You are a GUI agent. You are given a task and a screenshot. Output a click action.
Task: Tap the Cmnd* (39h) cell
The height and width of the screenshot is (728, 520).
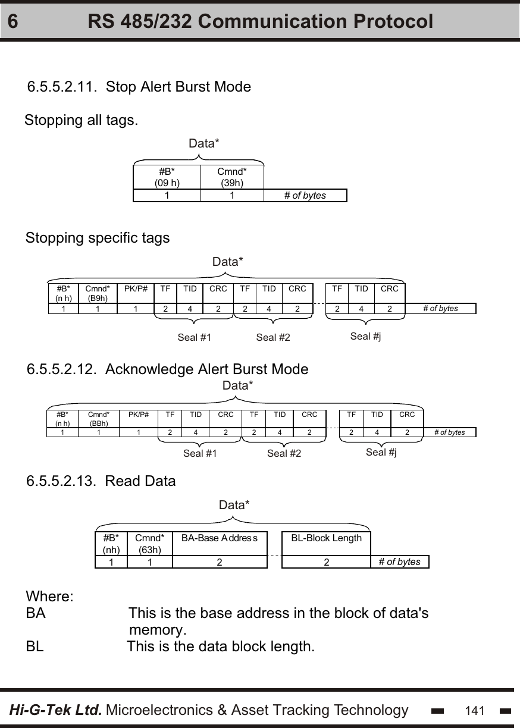click(231, 177)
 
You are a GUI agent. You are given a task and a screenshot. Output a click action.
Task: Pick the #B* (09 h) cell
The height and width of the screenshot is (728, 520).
click(167, 177)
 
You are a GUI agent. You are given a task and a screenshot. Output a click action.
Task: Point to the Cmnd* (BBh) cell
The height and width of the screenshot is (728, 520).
click(99, 419)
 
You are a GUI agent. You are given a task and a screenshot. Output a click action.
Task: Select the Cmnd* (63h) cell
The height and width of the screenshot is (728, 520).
click(150, 544)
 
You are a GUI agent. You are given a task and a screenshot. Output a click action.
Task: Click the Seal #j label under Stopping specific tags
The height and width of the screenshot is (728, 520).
click(365, 337)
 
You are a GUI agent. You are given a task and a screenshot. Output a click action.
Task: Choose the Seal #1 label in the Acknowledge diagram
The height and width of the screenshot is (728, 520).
click(200, 454)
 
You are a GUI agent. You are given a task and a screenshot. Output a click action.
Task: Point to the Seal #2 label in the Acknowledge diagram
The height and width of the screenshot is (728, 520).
click(284, 454)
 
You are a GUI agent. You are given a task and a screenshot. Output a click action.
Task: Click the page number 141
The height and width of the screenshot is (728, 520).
click(475, 711)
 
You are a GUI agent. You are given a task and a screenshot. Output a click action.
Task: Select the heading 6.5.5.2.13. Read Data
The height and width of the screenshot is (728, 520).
click(102, 481)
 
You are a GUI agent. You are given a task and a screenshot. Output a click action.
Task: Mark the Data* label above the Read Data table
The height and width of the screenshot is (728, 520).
click(234, 505)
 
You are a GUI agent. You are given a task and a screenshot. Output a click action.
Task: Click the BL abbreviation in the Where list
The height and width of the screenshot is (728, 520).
click(35, 647)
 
